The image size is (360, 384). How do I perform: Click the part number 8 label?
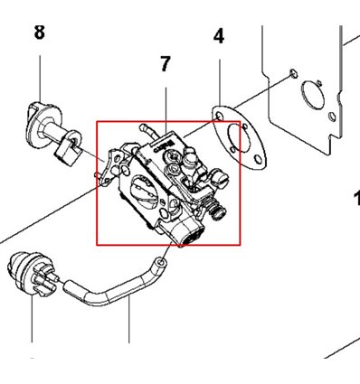(40, 33)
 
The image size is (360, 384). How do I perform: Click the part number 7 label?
(166, 64)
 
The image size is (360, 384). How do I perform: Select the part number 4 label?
(219, 36)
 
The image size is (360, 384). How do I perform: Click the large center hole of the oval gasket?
(241, 137)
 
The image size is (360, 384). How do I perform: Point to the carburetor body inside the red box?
(168, 183)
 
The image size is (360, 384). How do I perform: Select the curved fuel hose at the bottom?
(115, 288)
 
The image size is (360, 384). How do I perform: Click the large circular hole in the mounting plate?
(313, 97)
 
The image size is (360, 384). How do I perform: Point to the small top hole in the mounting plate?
(293, 73)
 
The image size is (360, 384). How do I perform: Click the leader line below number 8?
(40, 79)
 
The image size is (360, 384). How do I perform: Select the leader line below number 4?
(220, 82)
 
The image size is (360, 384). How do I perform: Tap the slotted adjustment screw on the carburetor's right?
(222, 178)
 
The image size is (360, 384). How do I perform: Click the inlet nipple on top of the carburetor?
(147, 130)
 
